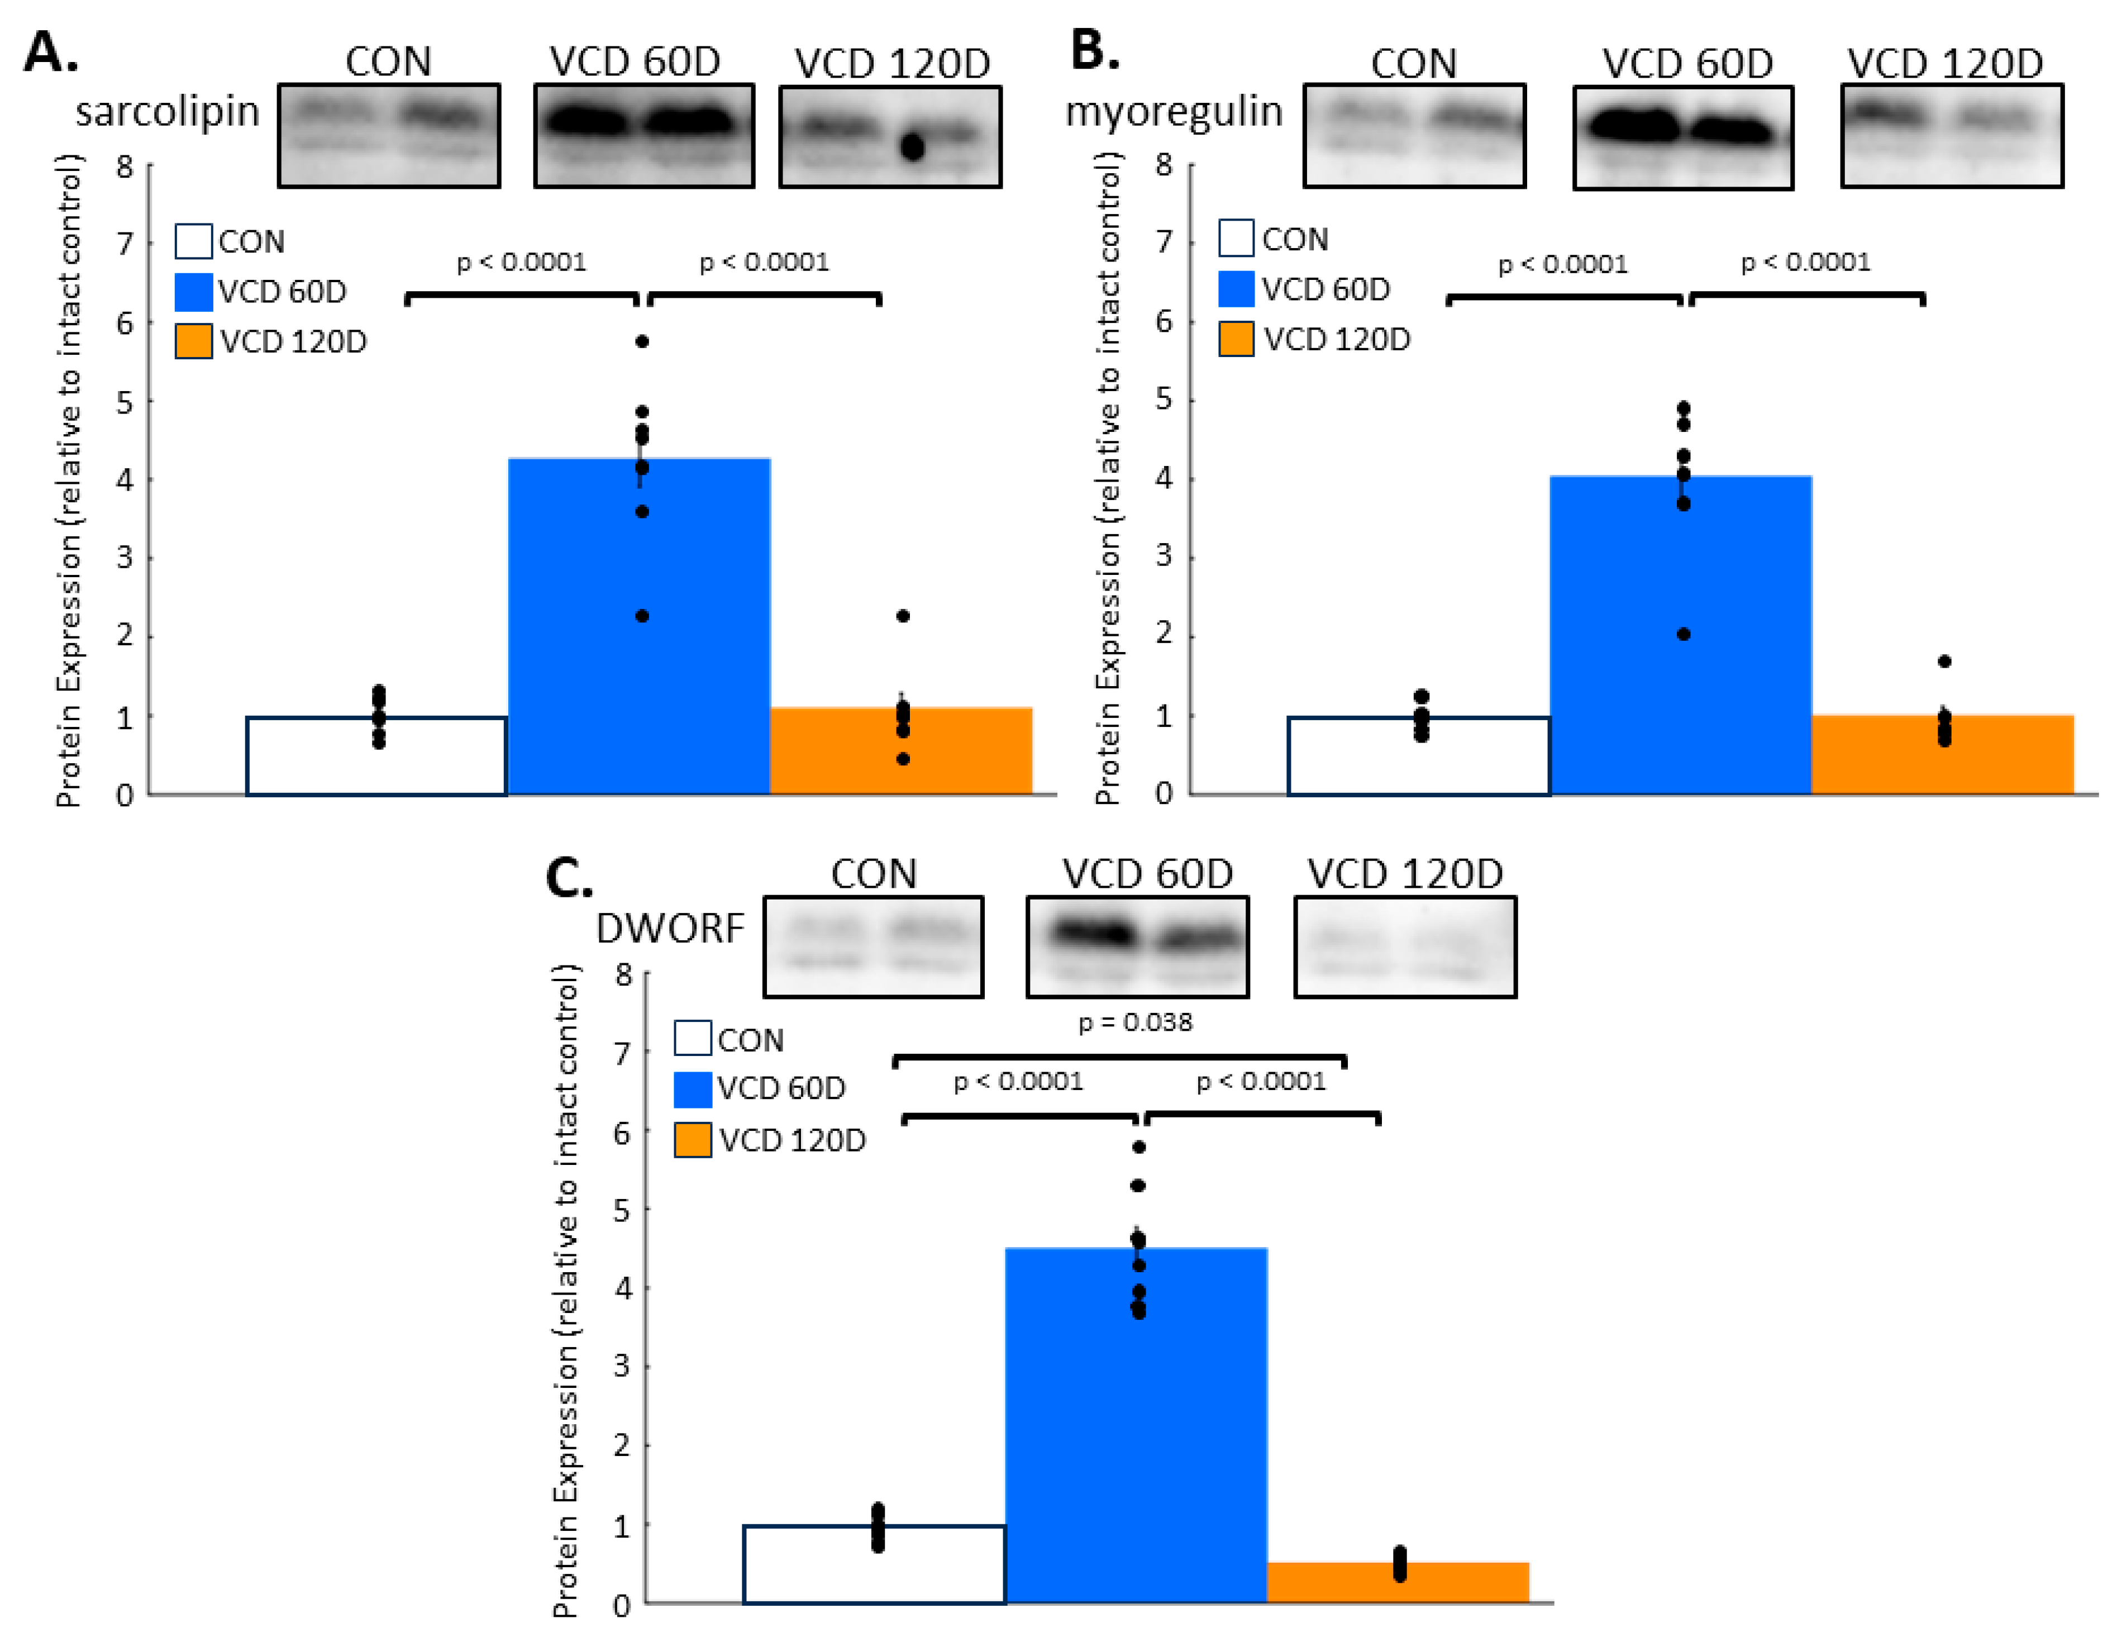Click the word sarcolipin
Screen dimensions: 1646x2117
(x=168, y=112)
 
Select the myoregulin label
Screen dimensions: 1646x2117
(x=1173, y=112)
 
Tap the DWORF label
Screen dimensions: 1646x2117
(x=670, y=929)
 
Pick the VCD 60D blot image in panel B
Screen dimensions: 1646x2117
(x=1683, y=137)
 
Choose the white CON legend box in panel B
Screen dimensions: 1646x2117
(x=1236, y=239)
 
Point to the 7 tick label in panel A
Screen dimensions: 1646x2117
(x=124, y=243)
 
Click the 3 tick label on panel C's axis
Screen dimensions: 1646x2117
(x=622, y=1366)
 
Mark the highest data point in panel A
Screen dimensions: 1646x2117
(x=642, y=341)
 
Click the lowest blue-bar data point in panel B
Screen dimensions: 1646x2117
(x=1684, y=634)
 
